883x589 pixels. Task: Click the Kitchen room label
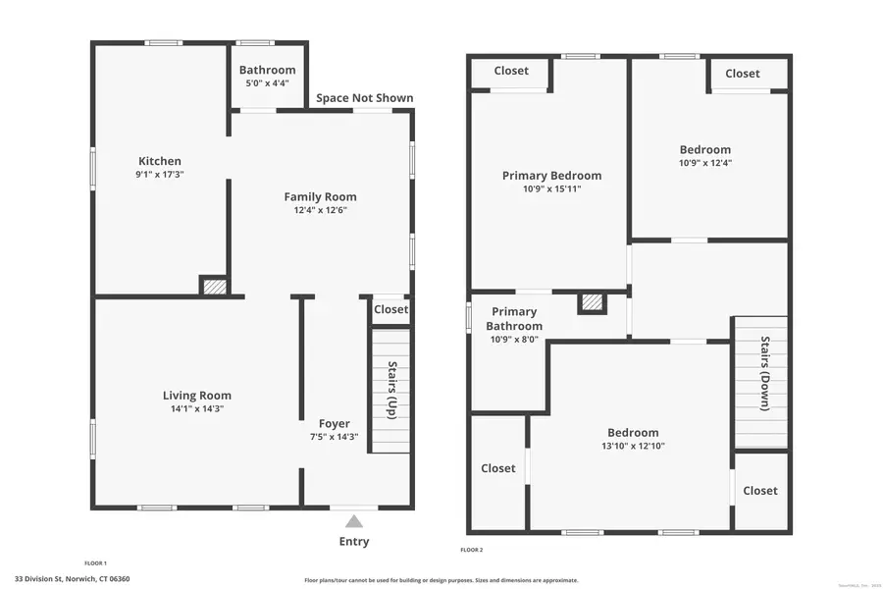[x=160, y=162]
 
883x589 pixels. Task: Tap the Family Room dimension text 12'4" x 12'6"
[x=320, y=210]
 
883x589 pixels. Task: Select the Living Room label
[x=197, y=396]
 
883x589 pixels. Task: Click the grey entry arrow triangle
[x=354, y=521]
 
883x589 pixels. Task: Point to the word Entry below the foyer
[x=354, y=542]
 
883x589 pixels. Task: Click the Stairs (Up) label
[x=391, y=391]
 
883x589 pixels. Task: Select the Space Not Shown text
[x=364, y=98]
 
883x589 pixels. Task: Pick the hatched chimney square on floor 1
[x=215, y=287]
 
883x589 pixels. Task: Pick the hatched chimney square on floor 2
[x=592, y=303]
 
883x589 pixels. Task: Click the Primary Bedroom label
[x=551, y=176]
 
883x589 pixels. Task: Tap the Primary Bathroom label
[x=515, y=319]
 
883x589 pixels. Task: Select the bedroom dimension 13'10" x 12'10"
[x=633, y=446]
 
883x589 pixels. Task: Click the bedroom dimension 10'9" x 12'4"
[x=704, y=163]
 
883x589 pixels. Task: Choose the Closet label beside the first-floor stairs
[x=390, y=309]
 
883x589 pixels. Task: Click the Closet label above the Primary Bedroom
[x=511, y=71]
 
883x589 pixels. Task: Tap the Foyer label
[x=334, y=424]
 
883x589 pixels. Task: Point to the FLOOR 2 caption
[x=472, y=550]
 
